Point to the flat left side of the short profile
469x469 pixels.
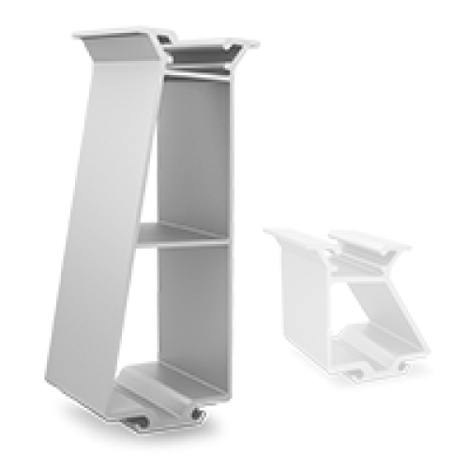pos(305,300)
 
